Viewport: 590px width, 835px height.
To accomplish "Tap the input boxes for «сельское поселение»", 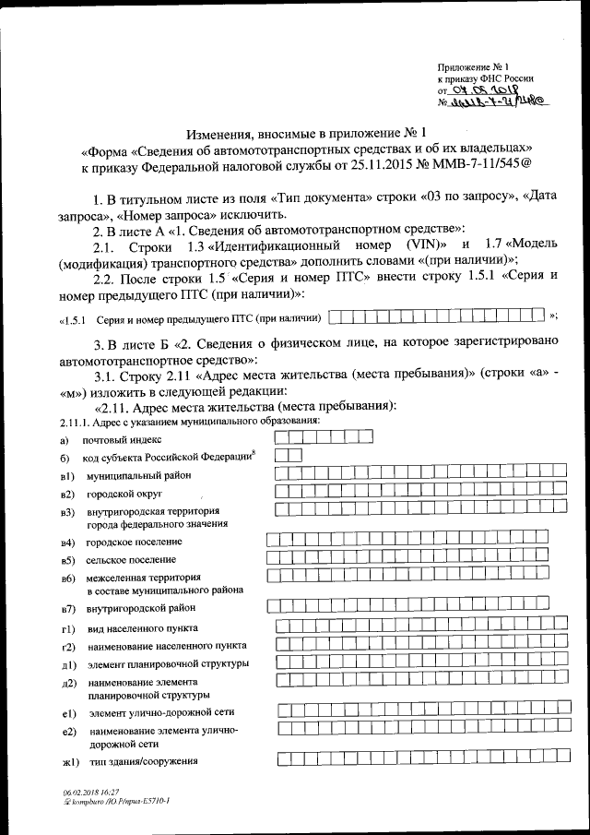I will click(x=406, y=558).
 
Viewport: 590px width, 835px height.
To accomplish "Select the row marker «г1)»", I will click(x=66, y=628).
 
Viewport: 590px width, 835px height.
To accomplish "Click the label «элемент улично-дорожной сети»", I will click(x=161, y=712).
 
